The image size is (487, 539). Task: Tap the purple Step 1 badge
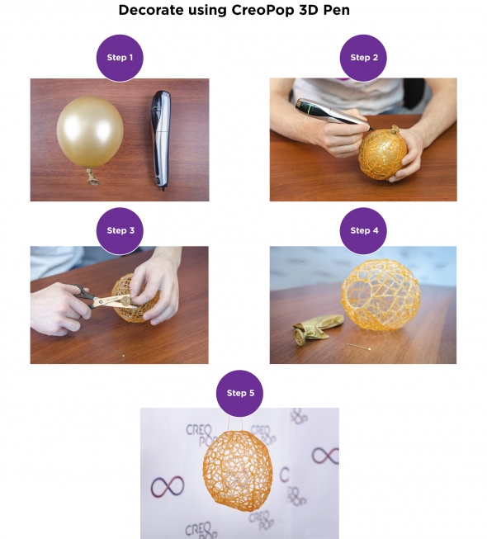pyautogui.click(x=120, y=58)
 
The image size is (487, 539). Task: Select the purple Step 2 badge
pyautogui.click(x=363, y=58)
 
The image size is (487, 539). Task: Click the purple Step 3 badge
pyautogui.click(x=120, y=230)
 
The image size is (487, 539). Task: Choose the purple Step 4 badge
pyautogui.click(x=363, y=230)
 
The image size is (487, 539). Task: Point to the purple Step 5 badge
pyautogui.click(x=239, y=393)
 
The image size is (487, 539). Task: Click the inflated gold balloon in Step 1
pyautogui.click(x=90, y=132)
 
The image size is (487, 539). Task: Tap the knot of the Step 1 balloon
pyautogui.click(x=92, y=177)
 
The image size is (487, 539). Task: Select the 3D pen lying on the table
pyautogui.click(x=161, y=140)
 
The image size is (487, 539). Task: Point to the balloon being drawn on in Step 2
pyautogui.click(x=382, y=154)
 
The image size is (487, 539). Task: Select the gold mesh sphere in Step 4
pyautogui.click(x=381, y=295)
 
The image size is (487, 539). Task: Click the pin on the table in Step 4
pyautogui.click(x=358, y=347)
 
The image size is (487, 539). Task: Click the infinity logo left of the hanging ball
pyautogui.click(x=168, y=486)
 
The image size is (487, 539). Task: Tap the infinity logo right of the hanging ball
pyautogui.click(x=325, y=456)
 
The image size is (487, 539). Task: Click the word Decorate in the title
pyautogui.click(x=151, y=10)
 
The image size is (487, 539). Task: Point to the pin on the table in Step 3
pyautogui.click(x=119, y=353)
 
